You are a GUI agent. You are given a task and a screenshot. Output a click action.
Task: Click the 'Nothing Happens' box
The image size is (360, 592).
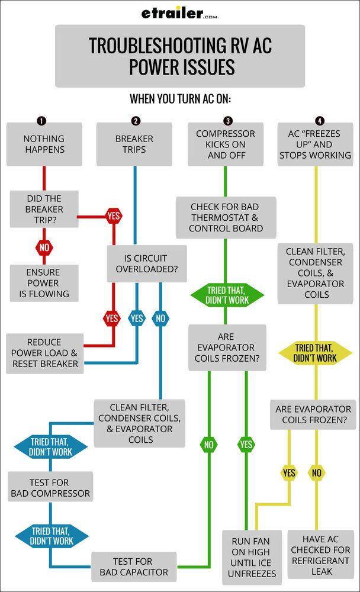pos(44,144)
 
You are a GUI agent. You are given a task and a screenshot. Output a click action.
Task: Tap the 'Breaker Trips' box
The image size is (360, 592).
pos(134,144)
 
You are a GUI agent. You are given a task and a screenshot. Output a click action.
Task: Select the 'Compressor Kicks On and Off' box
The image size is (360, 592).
pos(226,144)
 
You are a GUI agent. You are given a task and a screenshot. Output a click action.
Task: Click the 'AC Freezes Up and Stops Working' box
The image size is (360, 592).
pos(315,144)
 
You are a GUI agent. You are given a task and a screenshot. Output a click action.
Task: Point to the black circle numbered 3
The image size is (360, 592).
pos(228,121)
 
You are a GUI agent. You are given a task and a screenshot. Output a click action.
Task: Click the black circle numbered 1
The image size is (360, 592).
pos(41,121)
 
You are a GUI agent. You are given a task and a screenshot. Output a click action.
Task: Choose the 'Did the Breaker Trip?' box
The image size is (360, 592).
pos(44,209)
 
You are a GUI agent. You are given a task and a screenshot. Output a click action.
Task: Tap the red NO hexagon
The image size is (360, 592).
pos(44,248)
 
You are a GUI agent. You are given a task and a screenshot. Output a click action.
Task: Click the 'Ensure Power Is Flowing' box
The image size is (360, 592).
pos(44,283)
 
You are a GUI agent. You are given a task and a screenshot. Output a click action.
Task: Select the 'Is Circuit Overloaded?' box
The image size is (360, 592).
pos(146,264)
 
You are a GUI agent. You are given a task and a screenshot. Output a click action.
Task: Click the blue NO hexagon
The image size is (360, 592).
pos(160,318)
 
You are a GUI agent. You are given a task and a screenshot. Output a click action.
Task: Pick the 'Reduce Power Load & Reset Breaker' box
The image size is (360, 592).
pos(44,353)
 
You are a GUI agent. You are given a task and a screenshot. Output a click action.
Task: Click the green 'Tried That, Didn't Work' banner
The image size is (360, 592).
pos(227,295)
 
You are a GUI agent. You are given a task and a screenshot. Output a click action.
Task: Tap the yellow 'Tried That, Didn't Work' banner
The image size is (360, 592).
pos(315,353)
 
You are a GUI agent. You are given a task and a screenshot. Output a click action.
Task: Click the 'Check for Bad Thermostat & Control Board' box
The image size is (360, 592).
pos(226,217)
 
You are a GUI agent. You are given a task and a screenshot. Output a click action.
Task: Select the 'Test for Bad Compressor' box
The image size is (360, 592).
pos(50,488)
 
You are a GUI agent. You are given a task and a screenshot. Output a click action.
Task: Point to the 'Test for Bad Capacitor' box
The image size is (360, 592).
pos(133,567)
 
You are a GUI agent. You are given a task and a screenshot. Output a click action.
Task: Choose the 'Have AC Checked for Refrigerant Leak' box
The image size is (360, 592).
pos(321,555)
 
